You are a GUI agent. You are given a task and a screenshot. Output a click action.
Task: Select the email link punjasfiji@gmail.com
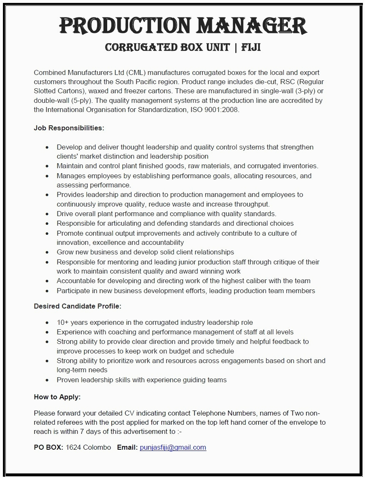point(173,447)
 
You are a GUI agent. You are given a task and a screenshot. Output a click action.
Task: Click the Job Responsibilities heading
point(69,128)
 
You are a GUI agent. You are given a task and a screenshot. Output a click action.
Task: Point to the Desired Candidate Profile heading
point(78,306)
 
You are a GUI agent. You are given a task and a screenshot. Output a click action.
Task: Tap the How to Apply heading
point(57,397)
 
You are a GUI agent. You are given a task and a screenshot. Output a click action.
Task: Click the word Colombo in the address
point(97,447)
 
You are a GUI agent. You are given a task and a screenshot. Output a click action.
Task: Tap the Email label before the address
point(127,447)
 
